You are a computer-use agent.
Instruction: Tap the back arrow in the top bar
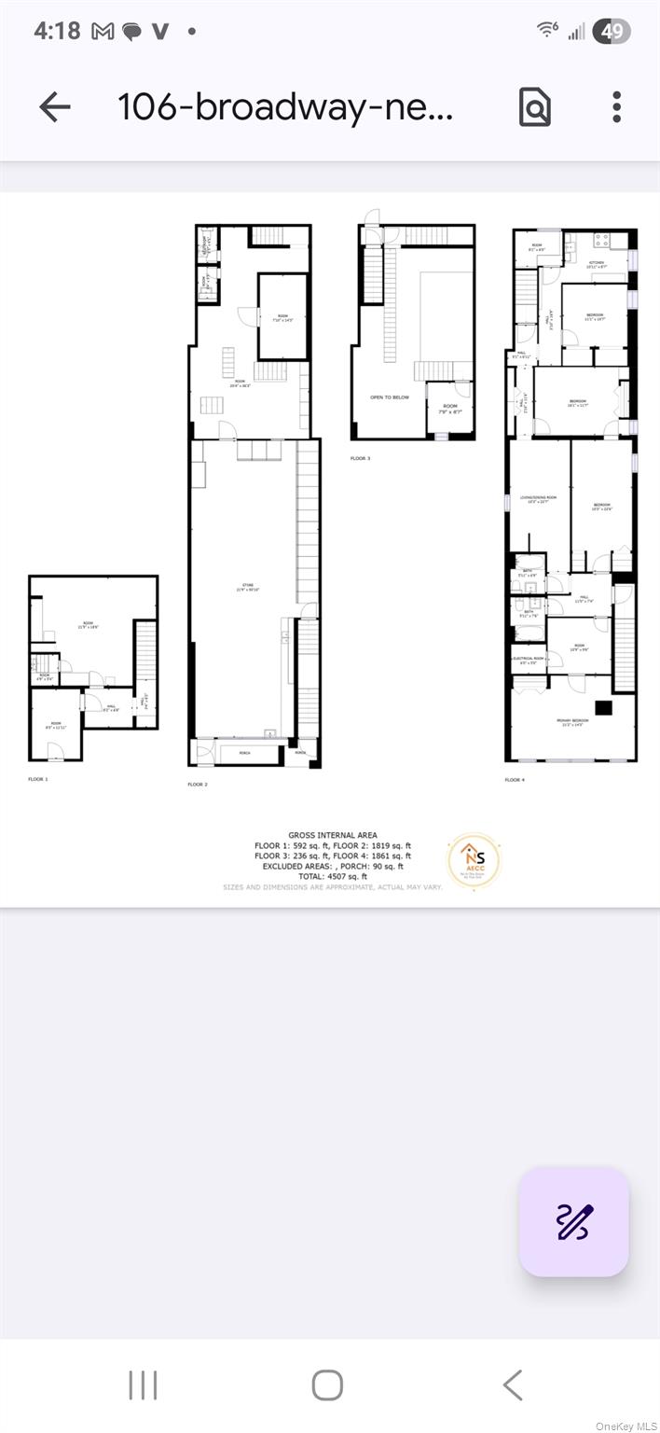[55, 107]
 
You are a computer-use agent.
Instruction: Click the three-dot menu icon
[616, 107]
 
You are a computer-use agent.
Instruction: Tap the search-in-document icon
[535, 107]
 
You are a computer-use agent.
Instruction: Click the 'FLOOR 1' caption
[37, 778]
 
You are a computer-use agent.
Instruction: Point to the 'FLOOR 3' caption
[360, 459]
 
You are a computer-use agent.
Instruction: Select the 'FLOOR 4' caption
[515, 779]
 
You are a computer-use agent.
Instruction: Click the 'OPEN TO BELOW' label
[389, 397]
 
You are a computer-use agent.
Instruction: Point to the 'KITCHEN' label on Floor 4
[597, 264]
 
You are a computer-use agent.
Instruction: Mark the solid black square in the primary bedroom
[603, 707]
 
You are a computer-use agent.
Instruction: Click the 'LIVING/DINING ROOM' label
[539, 499]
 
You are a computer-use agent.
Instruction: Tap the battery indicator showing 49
[612, 31]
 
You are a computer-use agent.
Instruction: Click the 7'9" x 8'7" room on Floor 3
[449, 408]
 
